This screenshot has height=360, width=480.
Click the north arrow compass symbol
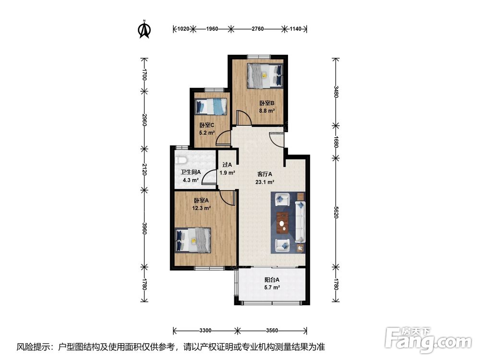(x=144, y=29)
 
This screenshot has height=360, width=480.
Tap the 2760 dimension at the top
(x=258, y=29)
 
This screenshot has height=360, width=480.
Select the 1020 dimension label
(x=183, y=29)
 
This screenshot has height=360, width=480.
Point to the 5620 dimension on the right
(x=336, y=212)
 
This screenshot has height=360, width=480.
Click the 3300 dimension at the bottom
(x=205, y=330)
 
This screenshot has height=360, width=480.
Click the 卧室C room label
(x=206, y=125)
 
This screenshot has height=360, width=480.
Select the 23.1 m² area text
(x=265, y=182)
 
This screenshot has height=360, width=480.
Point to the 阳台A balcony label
(x=272, y=280)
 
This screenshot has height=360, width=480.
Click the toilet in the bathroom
(x=181, y=160)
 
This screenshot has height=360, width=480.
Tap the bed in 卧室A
(x=193, y=240)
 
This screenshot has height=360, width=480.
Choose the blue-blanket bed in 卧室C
(x=211, y=107)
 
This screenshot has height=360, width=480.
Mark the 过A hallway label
(x=227, y=165)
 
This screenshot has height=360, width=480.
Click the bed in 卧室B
(x=265, y=76)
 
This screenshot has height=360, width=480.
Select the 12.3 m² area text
(x=201, y=208)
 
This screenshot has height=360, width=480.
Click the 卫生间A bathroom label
(x=191, y=172)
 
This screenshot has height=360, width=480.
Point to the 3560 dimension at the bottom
(x=272, y=330)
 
